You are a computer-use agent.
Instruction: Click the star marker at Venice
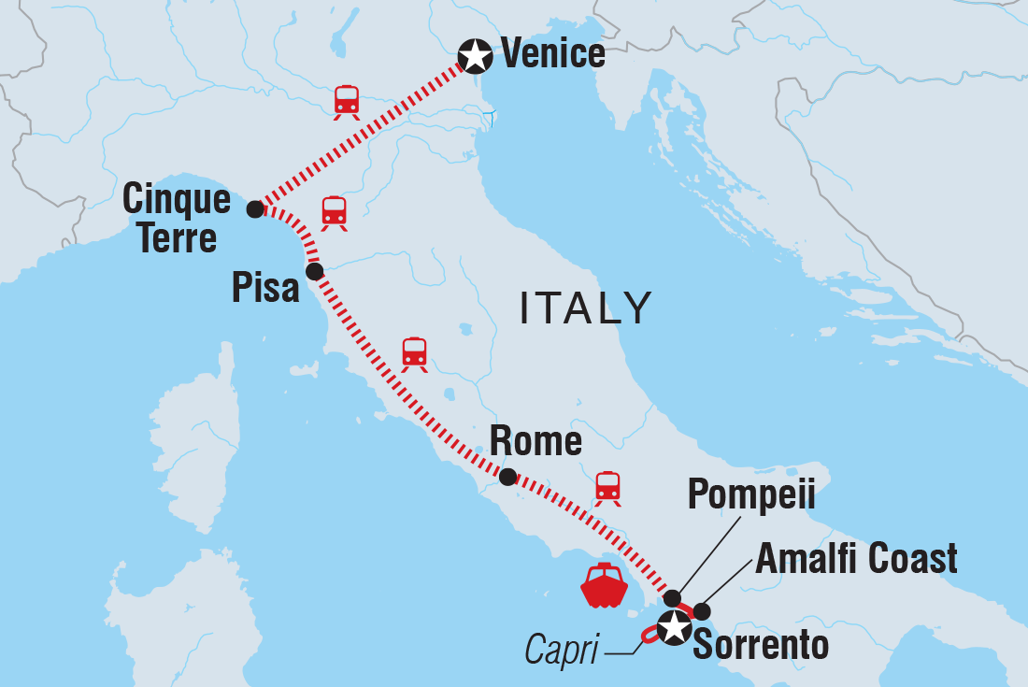[x=476, y=55]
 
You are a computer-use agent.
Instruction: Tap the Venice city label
[x=553, y=54]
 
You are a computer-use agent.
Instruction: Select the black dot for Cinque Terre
[x=254, y=209]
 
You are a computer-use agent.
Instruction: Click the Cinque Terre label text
[x=177, y=219]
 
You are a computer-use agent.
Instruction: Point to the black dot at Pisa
[x=314, y=271]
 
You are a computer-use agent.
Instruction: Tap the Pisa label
[x=266, y=288]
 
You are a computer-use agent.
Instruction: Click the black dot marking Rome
[x=507, y=477]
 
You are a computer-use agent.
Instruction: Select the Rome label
[x=536, y=441]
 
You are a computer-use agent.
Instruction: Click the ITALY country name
[x=585, y=308]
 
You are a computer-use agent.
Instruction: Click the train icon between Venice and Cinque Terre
[x=347, y=102]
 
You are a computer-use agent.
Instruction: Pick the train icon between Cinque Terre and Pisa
[x=334, y=213]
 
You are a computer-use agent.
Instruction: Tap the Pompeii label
[x=751, y=495]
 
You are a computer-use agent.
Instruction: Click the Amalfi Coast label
[x=856, y=558]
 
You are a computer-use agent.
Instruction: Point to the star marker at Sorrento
[x=673, y=628]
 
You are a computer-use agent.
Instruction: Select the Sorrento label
[x=761, y=645]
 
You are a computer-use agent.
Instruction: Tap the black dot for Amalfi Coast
[x=702, y=611]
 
